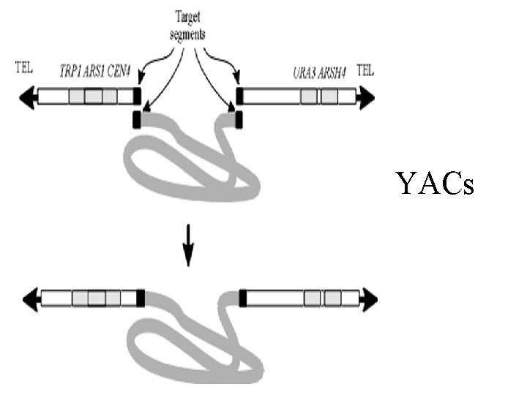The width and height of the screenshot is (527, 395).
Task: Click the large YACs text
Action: point(435,184)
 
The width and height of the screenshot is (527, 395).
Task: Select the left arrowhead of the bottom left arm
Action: point(31,298)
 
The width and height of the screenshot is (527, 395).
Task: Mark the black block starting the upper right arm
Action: point(239,97)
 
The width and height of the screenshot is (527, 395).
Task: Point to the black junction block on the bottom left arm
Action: point(141,298)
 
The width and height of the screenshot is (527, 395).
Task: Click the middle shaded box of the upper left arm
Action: point(93,97)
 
